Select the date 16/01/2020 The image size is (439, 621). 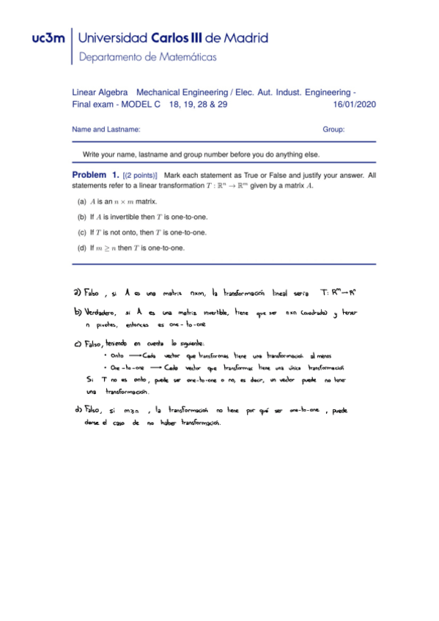[354, 105]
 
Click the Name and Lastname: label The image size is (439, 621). [106, 130]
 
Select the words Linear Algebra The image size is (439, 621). [100, 93]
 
